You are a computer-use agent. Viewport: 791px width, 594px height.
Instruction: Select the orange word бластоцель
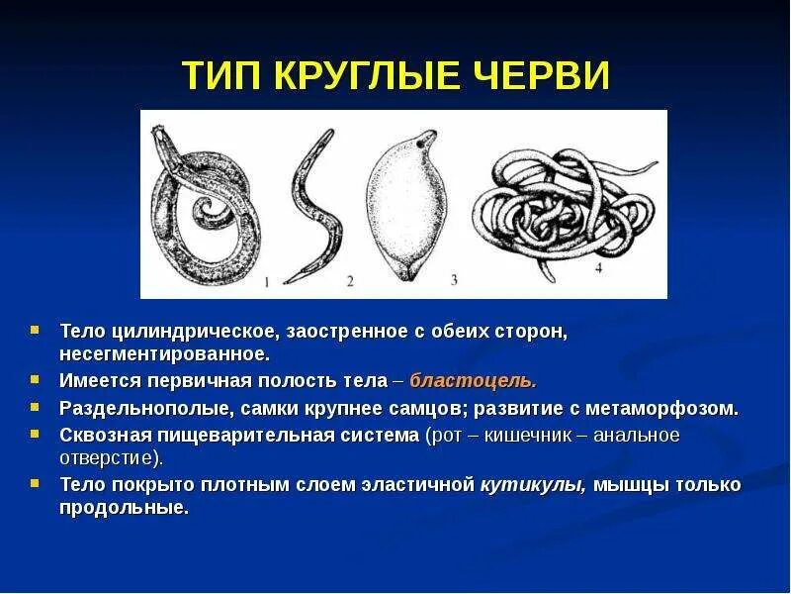[473, 381]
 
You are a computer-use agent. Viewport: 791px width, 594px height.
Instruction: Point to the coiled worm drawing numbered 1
[203, 208]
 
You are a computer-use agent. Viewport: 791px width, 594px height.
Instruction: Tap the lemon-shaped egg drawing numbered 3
[401, 208]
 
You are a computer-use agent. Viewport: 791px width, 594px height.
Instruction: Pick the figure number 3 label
[453, 280]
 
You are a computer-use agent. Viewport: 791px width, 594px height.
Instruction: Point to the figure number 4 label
[599, 267]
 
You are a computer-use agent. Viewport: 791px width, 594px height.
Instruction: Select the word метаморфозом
[668, 408]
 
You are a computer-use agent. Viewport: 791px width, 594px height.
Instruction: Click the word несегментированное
[163, 352]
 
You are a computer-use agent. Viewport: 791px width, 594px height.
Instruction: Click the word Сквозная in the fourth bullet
[101, 435]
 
